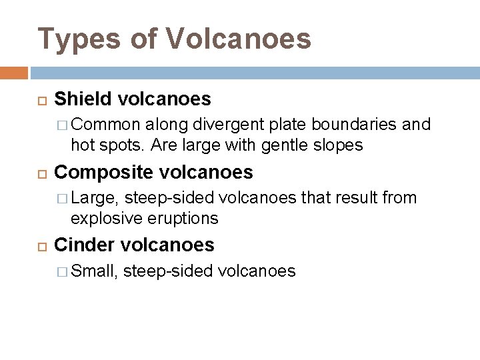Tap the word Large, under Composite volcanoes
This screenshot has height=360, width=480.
tap(95, 198)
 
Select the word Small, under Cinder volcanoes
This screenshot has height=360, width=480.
tap(95, 271)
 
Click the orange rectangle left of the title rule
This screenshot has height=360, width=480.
tap(14, 72)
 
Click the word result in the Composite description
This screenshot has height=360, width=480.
tap(357, 198)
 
